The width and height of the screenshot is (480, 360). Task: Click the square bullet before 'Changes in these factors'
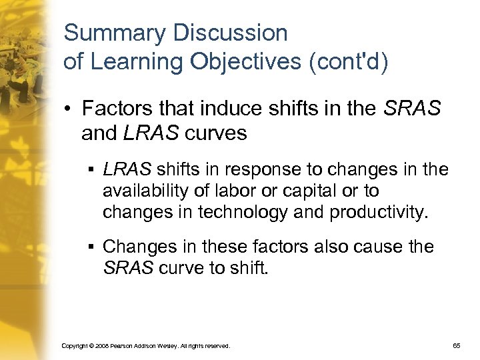point(90,247)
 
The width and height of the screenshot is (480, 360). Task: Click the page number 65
point(457,346)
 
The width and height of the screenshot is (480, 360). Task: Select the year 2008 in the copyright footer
point(100,347)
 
